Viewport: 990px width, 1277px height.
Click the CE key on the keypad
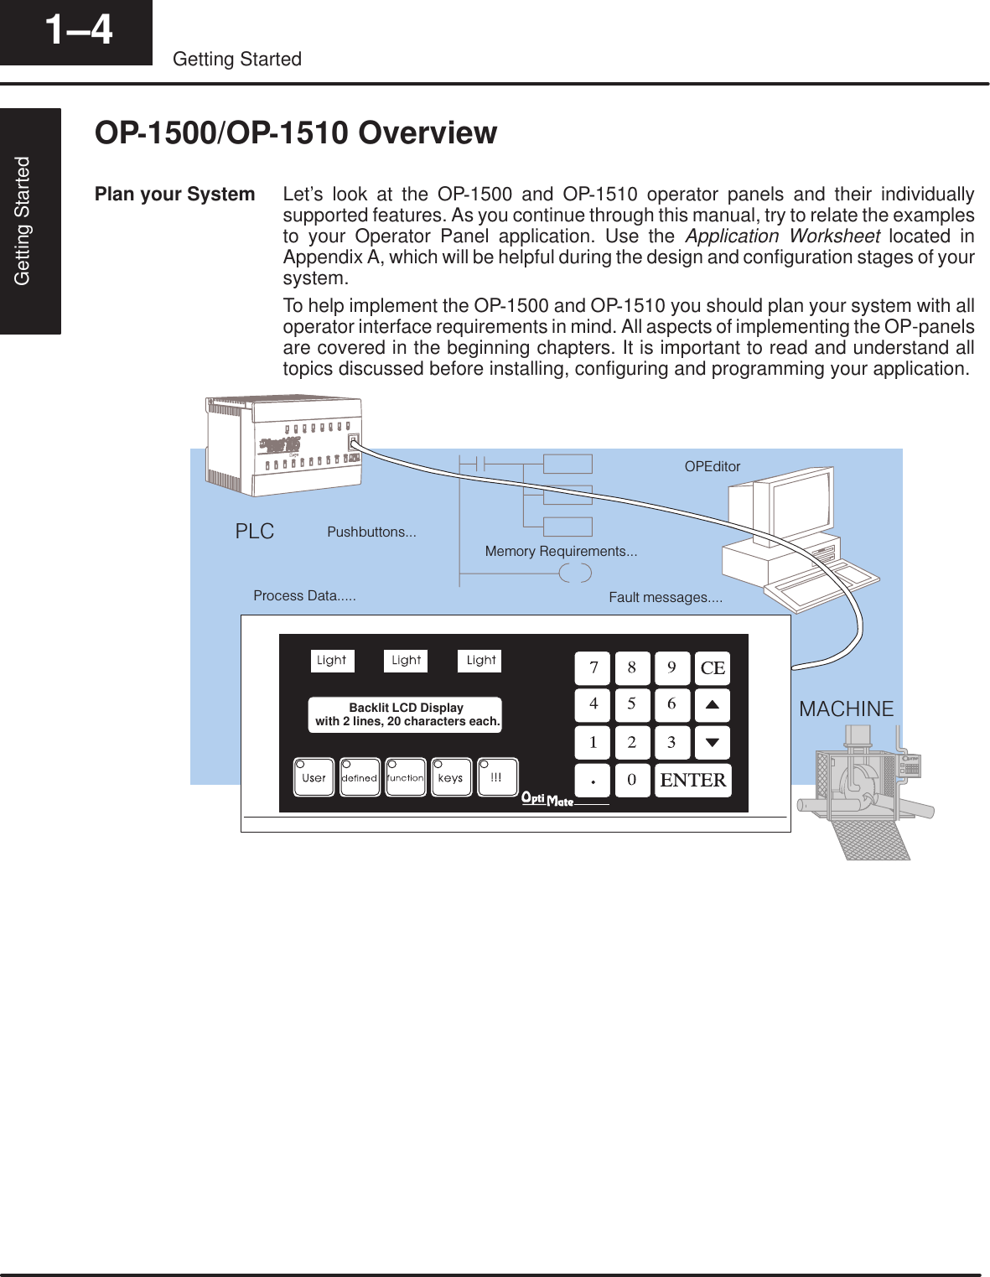713,668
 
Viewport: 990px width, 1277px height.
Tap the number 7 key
593,668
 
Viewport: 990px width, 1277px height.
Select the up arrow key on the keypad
713,705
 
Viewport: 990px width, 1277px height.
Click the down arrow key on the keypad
713,742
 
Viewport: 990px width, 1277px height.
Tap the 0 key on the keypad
632,780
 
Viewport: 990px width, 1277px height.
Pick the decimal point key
593,780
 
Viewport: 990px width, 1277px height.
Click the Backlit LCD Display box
406,714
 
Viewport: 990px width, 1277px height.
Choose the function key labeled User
314,777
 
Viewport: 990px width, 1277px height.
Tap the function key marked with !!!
497,777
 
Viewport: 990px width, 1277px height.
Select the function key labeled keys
451,777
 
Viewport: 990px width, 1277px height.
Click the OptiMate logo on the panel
547,798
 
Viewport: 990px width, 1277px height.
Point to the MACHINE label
846,709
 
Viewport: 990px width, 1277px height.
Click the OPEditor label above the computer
713,467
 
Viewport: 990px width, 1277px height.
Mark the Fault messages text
666,597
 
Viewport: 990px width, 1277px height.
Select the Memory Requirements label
561,551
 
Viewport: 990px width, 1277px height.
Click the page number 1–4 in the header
78,30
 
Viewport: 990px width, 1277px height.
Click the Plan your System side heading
174,195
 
